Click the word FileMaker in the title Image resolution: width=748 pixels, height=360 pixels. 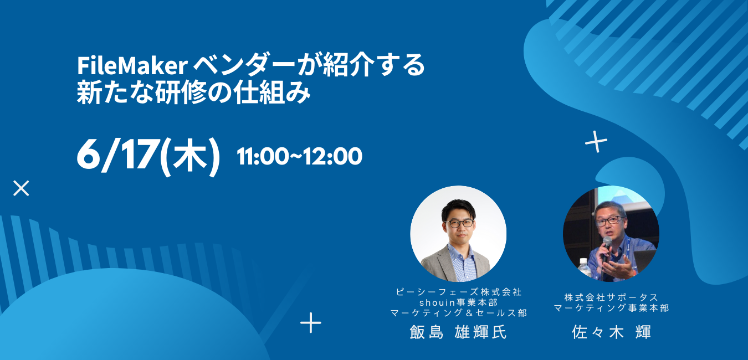coord(132,66)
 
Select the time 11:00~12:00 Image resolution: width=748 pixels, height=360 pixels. coord(300,156)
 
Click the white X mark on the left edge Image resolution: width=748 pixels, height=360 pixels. coord(21,188)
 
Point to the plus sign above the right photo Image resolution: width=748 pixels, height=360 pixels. coord(596,142)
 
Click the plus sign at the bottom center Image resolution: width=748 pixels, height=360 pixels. coord(310,323)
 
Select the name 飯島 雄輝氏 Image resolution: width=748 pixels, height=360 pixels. coord(458,332)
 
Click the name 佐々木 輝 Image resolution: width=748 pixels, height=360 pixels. coord(612,332)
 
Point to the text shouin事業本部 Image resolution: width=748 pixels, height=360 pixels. coord(458,302)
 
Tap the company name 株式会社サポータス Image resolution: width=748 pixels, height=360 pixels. coord(611,297)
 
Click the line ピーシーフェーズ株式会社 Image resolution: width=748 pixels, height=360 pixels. coord(458,292)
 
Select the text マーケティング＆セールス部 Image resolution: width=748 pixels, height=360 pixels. coord(458,313)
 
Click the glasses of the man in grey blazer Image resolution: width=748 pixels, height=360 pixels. coord(460,223)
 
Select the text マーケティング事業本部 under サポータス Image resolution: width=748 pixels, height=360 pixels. coord(612,307)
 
